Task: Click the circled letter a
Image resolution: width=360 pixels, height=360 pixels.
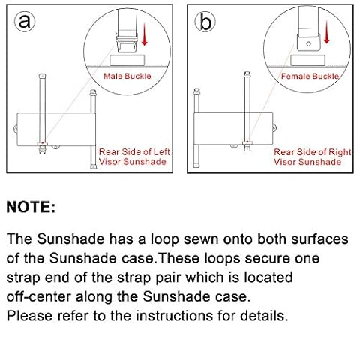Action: click(x=25, y=21)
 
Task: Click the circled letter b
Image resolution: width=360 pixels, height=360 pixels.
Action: click(x=205, y=22)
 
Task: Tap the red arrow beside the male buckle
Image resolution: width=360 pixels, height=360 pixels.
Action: click(x=144, y=34)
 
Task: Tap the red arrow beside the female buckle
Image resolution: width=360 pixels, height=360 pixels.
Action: click(x=326, y=32)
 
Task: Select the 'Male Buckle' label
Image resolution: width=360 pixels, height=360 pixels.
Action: click(x=127, y=76)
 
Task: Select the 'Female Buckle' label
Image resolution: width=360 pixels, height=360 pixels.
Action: click(x=310, y=76)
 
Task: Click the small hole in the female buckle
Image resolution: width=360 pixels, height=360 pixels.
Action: click(x=309, y=44)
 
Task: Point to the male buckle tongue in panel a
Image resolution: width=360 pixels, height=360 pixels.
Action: click(x=127, y=43)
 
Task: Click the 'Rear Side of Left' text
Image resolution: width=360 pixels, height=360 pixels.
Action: click(x=134, y=151)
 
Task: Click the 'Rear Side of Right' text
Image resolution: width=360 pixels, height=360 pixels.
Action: click(x=313, y=152)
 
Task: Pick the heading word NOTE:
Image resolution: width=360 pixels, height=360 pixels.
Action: click(x=31, y=207)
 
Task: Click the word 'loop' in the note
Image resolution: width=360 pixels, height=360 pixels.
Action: click(x=165, y=239)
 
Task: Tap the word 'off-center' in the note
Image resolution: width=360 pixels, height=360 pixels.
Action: click(x=38, y=296)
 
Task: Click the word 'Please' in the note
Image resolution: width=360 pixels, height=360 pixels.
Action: click(x=30, y=316)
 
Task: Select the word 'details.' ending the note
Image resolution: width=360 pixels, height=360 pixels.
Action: click(x=264, y=316)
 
